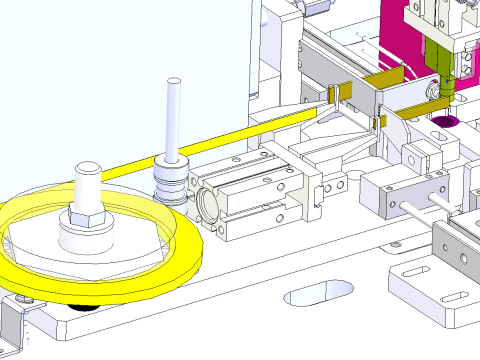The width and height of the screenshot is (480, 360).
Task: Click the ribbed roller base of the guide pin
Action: pyautogui.click(x=171, y=184)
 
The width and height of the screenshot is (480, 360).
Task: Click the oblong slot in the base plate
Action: pyautogui.click(x=318, y=292)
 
